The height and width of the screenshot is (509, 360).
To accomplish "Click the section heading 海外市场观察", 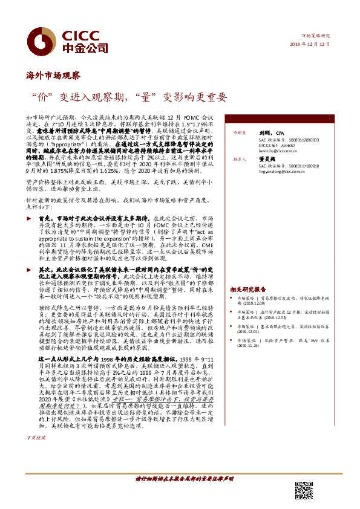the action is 54,76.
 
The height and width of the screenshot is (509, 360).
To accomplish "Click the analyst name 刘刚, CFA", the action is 270,132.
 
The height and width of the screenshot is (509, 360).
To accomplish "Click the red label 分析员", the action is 240,132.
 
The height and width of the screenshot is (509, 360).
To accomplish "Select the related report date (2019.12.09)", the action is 256,305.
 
